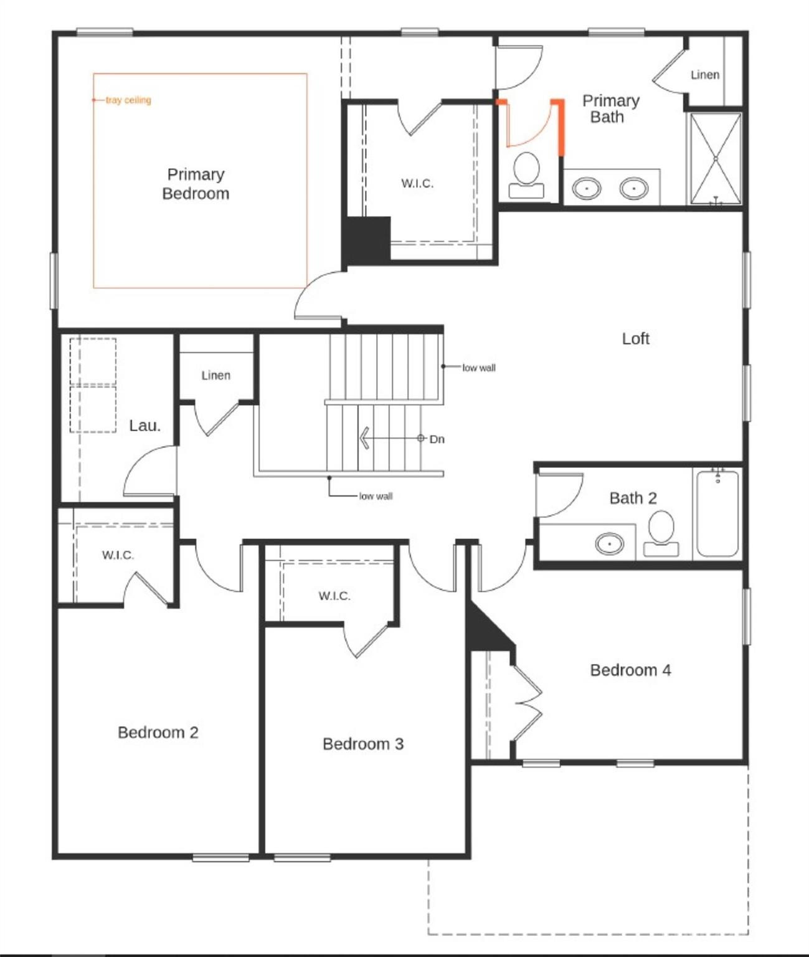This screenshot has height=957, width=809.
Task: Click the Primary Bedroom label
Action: tap(196, 184)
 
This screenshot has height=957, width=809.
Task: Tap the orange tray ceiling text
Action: tap(128, 100)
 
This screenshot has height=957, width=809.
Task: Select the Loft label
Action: tap(635, 338)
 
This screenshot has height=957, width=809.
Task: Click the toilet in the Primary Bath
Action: tap(526, 174)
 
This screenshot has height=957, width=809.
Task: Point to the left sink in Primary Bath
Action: tap(586, 188)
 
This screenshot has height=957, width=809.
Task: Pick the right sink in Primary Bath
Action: tap(633, 188)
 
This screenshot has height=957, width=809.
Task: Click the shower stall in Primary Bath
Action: tap(716, 159)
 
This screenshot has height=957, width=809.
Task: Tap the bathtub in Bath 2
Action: tap(717, 514)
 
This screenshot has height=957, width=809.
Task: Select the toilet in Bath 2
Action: tap(661, 533)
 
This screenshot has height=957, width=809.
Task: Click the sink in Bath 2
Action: tap(609, 543)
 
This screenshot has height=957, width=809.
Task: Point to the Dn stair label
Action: tap(437, 439)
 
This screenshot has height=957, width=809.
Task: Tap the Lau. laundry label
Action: tap(144, 426)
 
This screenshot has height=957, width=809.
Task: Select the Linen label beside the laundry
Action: tap(215, 375)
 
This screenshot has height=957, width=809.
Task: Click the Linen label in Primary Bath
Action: tap(704, 75)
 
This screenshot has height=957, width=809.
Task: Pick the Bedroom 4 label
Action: tap(630, 670)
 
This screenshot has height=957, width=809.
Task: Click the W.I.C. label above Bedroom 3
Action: tap(334, 596)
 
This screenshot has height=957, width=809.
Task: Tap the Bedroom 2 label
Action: tap(158, 732)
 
